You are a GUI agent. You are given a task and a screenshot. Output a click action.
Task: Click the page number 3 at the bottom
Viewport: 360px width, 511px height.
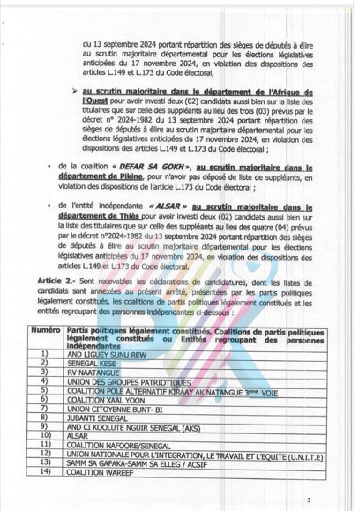(x=309, y=500)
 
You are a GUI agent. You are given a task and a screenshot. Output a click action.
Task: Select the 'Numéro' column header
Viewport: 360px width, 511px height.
(x=45, y=331)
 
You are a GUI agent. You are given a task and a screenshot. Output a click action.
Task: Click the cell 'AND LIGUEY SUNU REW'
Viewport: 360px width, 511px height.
(x=106, y=355)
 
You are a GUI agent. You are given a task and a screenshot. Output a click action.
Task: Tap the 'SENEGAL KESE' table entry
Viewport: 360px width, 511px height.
(x=92, y=364)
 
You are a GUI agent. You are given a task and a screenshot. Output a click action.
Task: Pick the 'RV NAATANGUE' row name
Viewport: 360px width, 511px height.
(x=93, y=373)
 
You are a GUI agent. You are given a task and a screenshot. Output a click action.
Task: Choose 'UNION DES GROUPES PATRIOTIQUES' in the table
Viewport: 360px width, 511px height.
(x=129, y=383)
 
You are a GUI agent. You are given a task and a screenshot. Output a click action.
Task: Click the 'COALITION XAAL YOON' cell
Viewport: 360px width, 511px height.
(x=106, y=400)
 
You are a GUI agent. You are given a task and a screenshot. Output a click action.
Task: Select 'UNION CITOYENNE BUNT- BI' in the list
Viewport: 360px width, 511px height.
(x=114, y=410)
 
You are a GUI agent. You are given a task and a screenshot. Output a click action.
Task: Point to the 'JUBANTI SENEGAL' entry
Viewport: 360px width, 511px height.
(x=97, y=418)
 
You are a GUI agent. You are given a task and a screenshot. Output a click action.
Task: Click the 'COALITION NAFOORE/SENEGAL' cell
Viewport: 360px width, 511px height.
(x=118, y=446)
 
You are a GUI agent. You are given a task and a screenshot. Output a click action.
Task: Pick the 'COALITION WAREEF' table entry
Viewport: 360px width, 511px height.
(x=100, y=472)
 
